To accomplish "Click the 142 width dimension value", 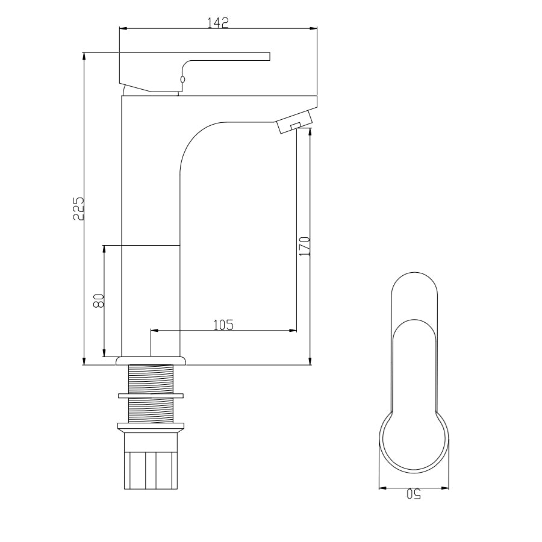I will (x=218, y=22).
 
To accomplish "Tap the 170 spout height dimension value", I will (x=304, y=246).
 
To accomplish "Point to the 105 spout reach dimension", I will (x=223, y=325).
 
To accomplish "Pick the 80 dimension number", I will (x=100, y=301).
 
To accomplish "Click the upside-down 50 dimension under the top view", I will (x=413, y=494).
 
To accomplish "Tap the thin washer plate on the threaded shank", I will (x=151, y=396).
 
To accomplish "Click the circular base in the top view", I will (x=414, y=443).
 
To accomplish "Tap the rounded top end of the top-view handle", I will (x=414, y=283).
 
